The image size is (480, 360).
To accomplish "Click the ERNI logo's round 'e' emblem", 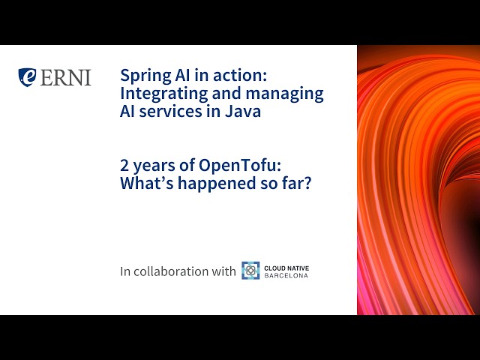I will (28, 76).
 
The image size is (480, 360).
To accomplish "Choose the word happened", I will (211, 184).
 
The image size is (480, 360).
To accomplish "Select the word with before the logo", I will (223, 271).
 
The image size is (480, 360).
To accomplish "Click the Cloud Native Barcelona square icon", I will (250, 271).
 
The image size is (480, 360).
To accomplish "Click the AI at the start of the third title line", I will (129, 112).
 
